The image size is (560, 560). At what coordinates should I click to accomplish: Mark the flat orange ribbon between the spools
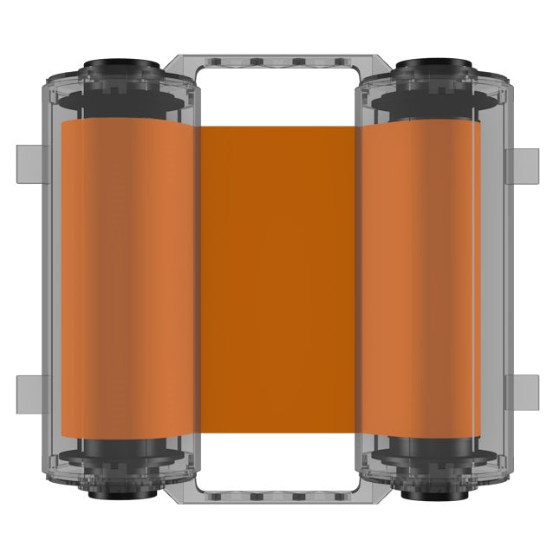pos(279,277)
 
